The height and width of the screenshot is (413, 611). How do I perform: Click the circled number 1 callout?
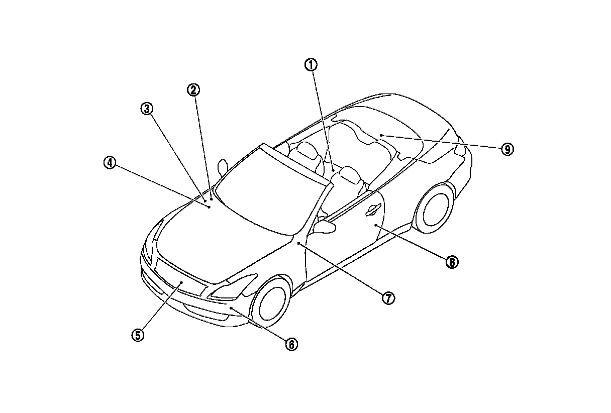point(311,65)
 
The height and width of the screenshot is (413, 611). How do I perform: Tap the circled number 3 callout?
point(146,109)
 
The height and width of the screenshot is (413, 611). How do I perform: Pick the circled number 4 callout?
point(110,163)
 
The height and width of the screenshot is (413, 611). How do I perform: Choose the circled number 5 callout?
point(138,335)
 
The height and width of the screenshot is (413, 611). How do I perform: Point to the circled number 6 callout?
point(291,344)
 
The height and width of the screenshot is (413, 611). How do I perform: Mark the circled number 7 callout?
point(387,298)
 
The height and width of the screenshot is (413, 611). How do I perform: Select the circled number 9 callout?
point(507,149)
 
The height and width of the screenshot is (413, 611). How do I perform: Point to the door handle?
point(373,211)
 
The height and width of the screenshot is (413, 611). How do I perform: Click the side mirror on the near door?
point(325,226)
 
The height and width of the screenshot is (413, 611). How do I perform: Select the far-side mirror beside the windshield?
point(222,167)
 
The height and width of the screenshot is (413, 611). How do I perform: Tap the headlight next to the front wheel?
point(234,287)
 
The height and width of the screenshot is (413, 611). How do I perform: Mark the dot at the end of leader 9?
point(381,136)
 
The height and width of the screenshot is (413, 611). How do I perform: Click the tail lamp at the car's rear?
point(460,150)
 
